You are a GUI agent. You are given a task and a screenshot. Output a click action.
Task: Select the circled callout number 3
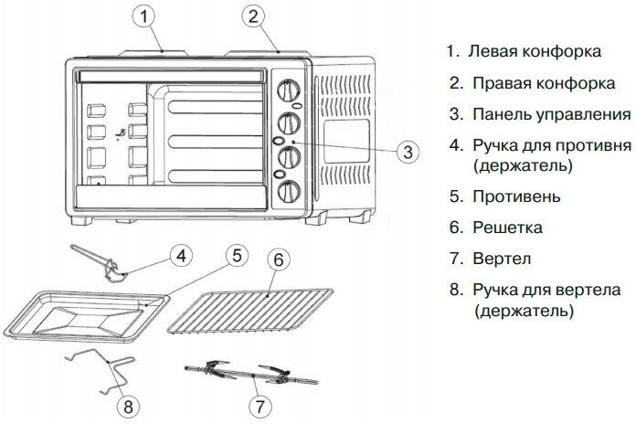tap(408, 152)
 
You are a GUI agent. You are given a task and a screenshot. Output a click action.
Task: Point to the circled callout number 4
tap(182, 255)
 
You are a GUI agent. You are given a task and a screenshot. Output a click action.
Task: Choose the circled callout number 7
tap(260, 403)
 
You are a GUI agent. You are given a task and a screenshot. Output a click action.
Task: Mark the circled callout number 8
tap(127, 403)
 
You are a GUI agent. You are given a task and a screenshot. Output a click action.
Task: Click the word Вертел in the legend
tap(503, 259)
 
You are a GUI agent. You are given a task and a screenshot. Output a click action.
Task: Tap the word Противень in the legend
tap(517, 196)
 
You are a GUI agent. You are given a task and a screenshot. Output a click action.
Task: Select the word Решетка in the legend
tap(508, 228)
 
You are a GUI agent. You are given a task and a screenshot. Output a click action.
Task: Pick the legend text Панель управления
tap(552, 114)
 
